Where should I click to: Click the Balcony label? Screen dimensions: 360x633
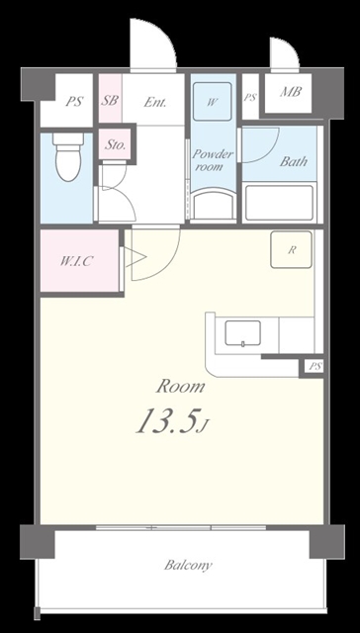point(188,565)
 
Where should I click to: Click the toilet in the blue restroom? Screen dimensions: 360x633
point(68,156)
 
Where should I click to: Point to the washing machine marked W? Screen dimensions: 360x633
point(213,101)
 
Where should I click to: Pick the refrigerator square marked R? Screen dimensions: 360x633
point(291,249)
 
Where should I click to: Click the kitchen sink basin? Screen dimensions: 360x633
point(242,333)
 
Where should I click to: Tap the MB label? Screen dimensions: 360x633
point(291,92)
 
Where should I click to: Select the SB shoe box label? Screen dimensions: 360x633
point(110,100)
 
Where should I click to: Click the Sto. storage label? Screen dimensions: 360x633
point(115,145)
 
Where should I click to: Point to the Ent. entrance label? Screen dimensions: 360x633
point(155,102)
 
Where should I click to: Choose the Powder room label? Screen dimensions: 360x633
point(213,160)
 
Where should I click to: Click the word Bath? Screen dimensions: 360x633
point(294,161)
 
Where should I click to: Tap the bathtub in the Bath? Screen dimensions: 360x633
point(279,202)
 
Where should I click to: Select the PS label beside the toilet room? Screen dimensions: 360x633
point(75,101)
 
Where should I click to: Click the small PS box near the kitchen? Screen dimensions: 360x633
point(315,367)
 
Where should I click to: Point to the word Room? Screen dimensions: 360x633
point(181,387)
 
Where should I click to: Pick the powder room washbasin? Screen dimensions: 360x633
point(213,205)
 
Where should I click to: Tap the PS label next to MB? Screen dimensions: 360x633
point(250,97)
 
